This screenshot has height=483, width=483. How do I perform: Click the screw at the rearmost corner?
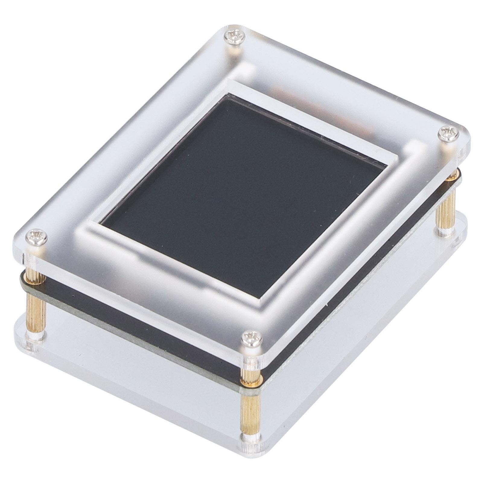234,37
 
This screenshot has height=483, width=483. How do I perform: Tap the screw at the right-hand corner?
448,133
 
